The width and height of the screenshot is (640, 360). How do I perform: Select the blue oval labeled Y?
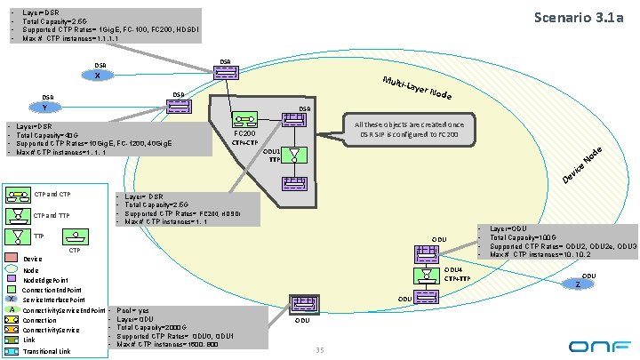[44, 108]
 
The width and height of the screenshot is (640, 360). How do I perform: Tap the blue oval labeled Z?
[578, 285]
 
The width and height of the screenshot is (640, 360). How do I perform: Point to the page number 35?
[319, 349]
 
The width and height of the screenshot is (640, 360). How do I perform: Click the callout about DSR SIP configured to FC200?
[409, 129]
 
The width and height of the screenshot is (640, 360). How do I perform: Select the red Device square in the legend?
[12, 260]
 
